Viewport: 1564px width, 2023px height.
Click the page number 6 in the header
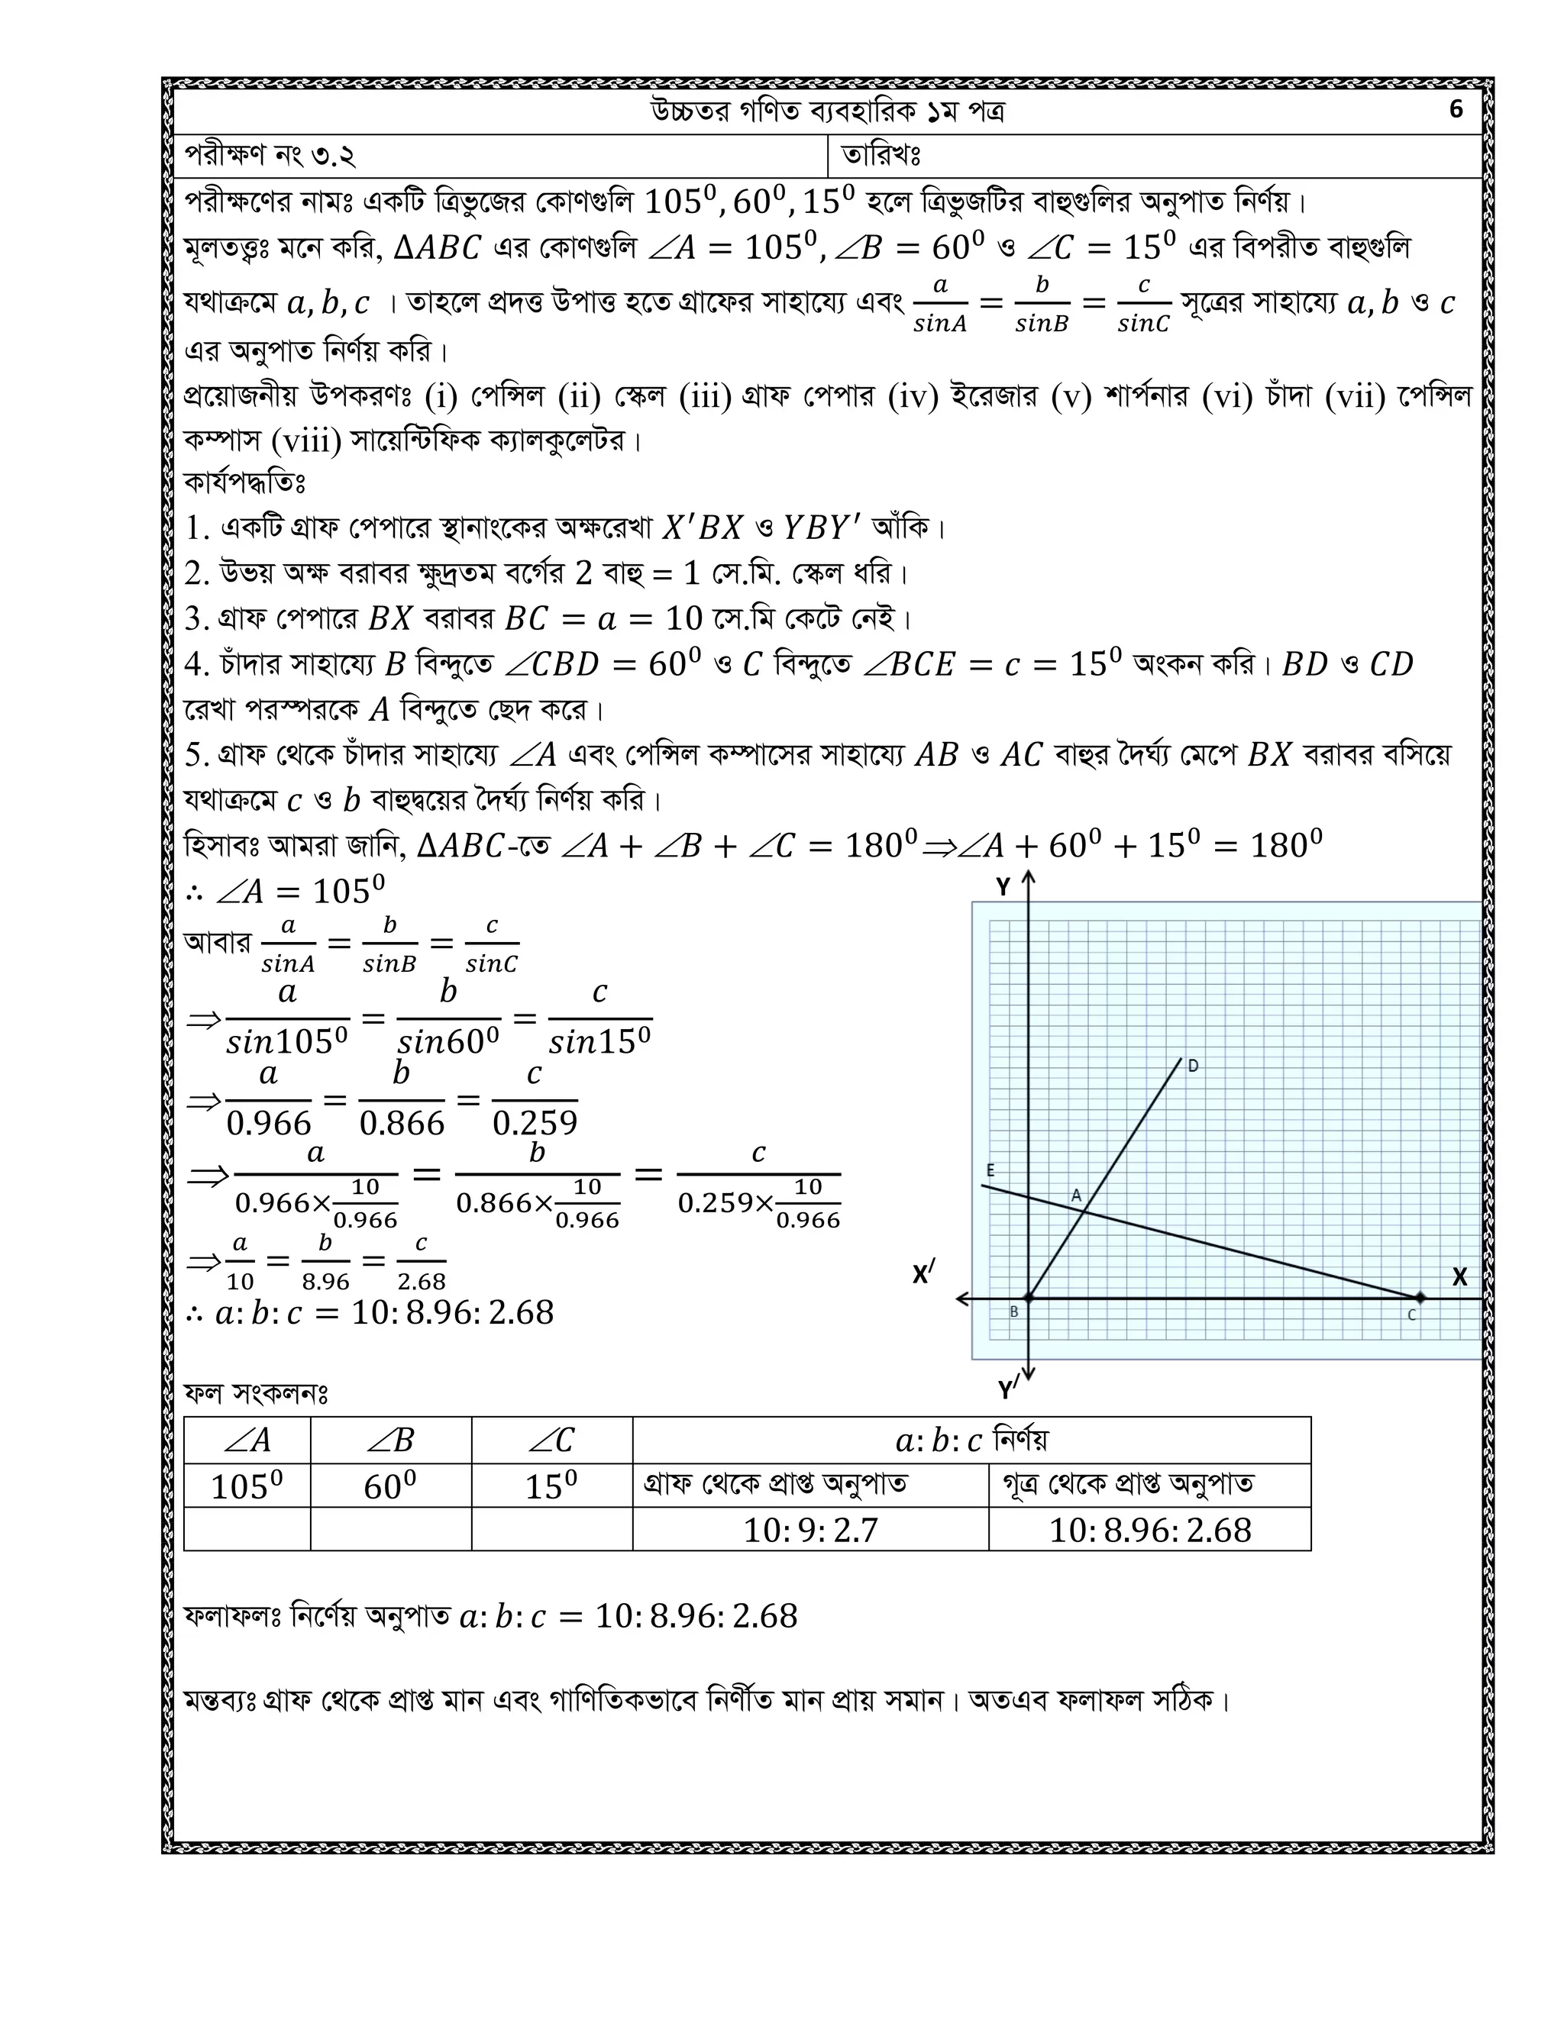click(1456, 110)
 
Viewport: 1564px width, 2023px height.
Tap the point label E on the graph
click(990, 1171)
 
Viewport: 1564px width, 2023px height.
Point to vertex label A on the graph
click(1077, 1195)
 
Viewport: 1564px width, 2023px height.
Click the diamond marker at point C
click(1420, 1299)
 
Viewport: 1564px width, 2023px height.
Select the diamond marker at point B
click(1028, 1299)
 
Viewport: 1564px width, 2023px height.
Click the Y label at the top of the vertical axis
click(1003, 887)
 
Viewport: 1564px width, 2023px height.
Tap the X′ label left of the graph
click(923, 1275)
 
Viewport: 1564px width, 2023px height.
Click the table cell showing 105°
click(247, 1486)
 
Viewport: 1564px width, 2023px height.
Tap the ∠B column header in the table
click(390, 1441)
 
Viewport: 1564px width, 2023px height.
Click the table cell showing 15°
click(551, 1486)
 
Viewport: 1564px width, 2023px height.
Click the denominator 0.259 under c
click(535, 1124)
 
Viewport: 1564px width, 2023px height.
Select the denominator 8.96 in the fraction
click(325, 1282)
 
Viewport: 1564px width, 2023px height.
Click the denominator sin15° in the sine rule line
click(599, 1042)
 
